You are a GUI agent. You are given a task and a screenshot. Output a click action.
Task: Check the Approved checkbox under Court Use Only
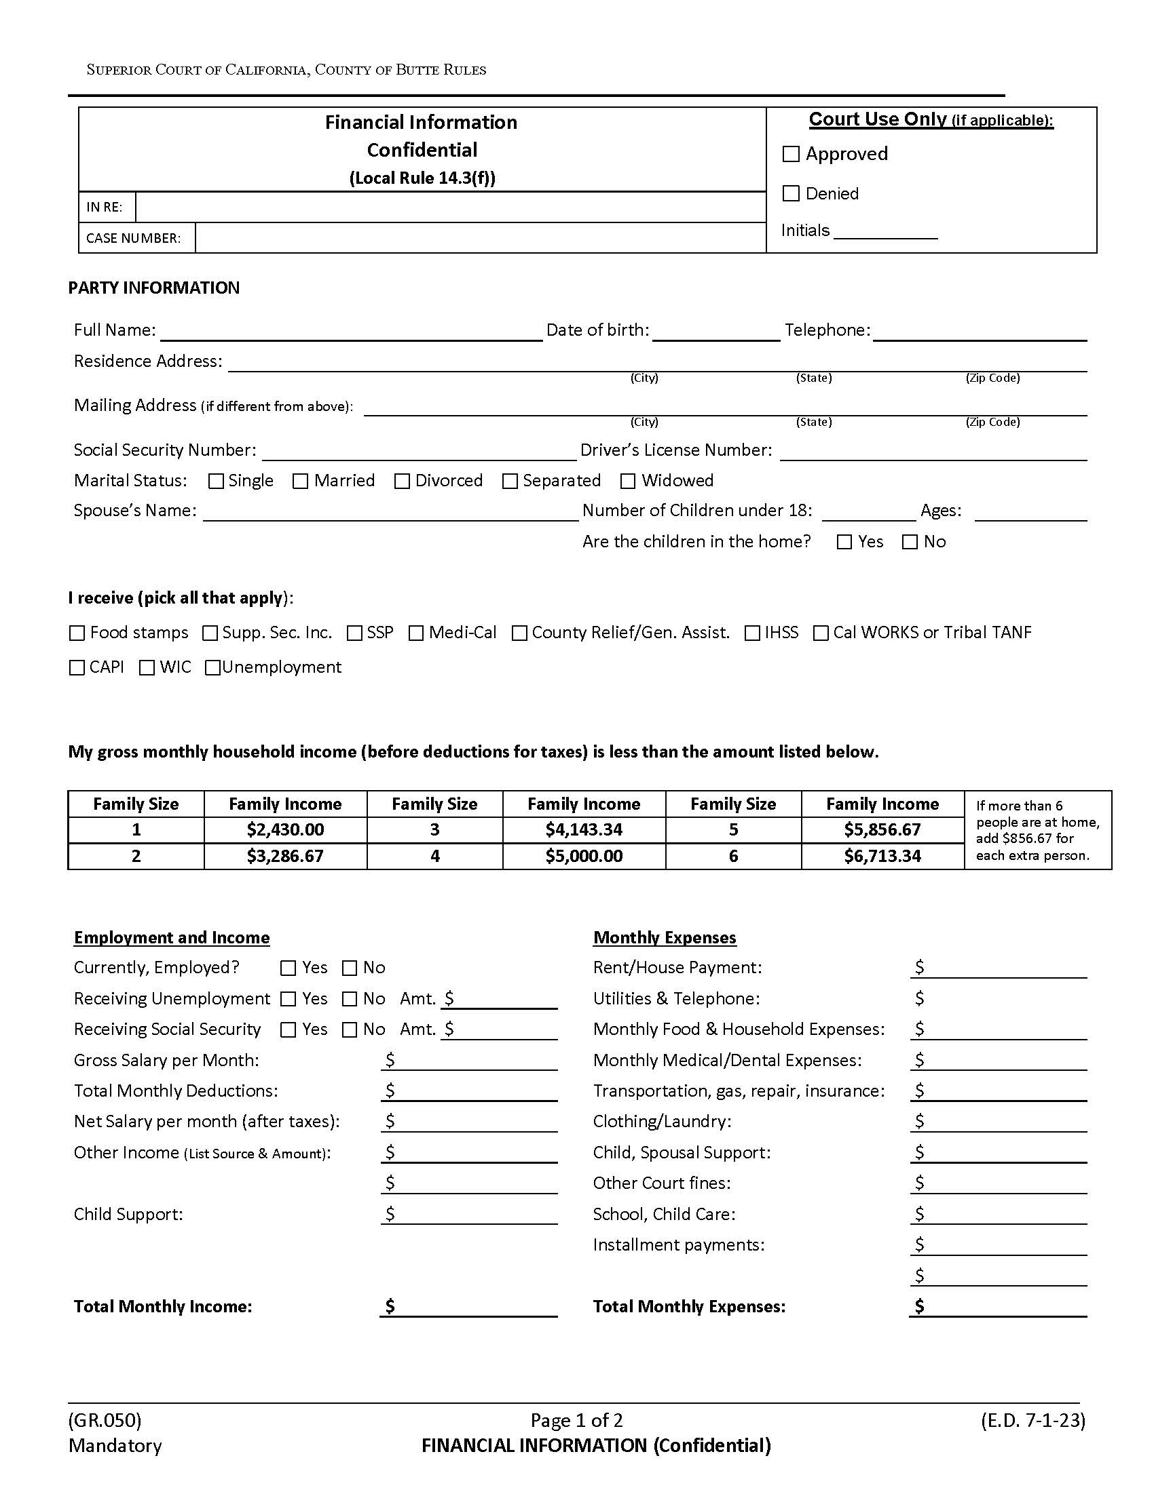click(791, 154)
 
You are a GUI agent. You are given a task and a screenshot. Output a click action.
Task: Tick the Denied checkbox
click(791, 193)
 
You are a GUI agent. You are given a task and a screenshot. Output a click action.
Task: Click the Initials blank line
click(885, 231)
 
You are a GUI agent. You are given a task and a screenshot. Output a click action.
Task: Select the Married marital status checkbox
click(300, 481)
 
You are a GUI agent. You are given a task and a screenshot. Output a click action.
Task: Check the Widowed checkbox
click(628, 481)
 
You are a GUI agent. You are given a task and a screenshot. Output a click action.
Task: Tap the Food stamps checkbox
click(77, 633)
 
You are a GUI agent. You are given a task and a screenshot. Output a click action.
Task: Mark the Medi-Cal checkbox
click(415, 633)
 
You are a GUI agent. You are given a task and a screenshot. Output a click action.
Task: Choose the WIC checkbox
click(147, 667)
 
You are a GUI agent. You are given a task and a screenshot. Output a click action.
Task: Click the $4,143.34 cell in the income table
click(584, 829)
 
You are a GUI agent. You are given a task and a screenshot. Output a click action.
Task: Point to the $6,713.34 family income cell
click(882, 855)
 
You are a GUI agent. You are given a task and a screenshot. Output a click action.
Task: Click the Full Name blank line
click(352, 332)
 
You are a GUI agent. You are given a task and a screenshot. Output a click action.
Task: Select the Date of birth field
click(715, 332)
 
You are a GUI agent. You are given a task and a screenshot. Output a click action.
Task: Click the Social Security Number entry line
click(419, 452)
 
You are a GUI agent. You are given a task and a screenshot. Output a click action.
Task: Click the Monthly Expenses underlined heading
click(665, 937)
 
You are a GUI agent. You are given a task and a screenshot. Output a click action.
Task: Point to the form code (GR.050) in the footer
click(105, 1420)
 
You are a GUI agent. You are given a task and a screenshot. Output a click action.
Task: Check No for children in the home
click(910, 542)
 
